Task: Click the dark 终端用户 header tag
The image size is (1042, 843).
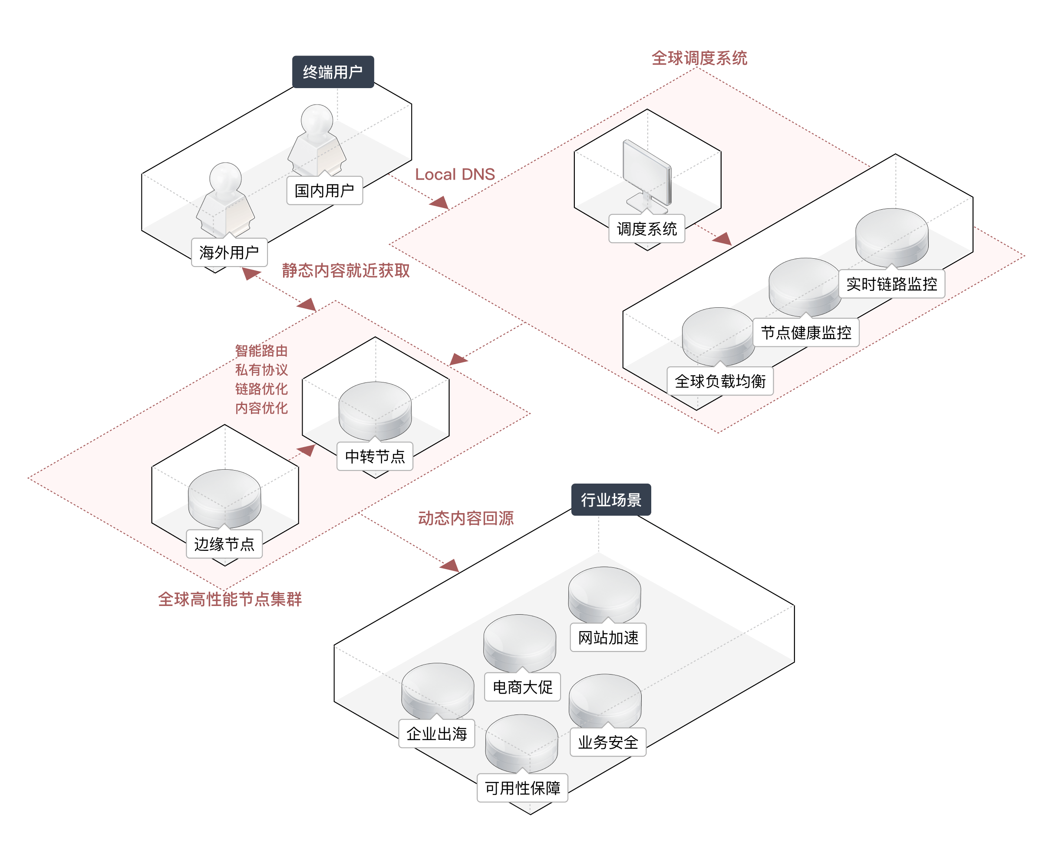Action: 333,72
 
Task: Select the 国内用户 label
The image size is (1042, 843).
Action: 324,191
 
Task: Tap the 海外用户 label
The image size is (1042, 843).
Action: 229,252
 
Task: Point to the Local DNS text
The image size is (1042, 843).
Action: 455,175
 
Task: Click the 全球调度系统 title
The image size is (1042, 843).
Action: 699,58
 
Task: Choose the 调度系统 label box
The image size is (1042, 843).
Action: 647,229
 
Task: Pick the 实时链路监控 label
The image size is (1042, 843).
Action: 891,283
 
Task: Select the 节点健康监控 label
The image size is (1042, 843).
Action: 806,333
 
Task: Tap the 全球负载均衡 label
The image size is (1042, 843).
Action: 720,381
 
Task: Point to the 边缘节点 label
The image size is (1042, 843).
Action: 224,544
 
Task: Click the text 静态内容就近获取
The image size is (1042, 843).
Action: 346,270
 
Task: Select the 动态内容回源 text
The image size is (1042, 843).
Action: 466,518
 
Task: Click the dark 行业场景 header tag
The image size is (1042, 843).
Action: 611,499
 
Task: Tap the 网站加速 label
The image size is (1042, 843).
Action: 608,637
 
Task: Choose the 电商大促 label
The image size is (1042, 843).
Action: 522,687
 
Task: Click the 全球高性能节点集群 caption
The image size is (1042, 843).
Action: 230,599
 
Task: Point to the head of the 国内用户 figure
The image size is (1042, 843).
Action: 317,119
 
